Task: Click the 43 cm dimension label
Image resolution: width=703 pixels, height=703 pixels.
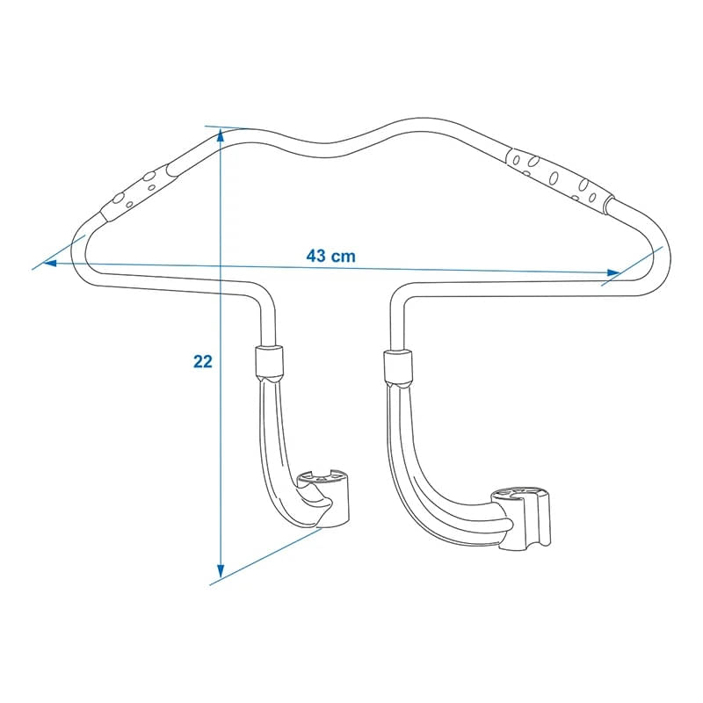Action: click(330, 256)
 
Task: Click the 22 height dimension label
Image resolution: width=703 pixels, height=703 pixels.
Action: click(203, 361)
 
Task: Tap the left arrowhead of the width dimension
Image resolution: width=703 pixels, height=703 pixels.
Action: click(51, 262)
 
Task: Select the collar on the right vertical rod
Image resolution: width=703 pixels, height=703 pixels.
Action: click(396, 366)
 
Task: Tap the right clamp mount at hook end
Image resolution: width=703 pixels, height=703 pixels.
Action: click(525, 518)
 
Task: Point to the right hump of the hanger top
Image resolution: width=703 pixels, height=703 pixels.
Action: click(422, 123)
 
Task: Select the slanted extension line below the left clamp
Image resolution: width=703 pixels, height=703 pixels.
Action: click(264, 555)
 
